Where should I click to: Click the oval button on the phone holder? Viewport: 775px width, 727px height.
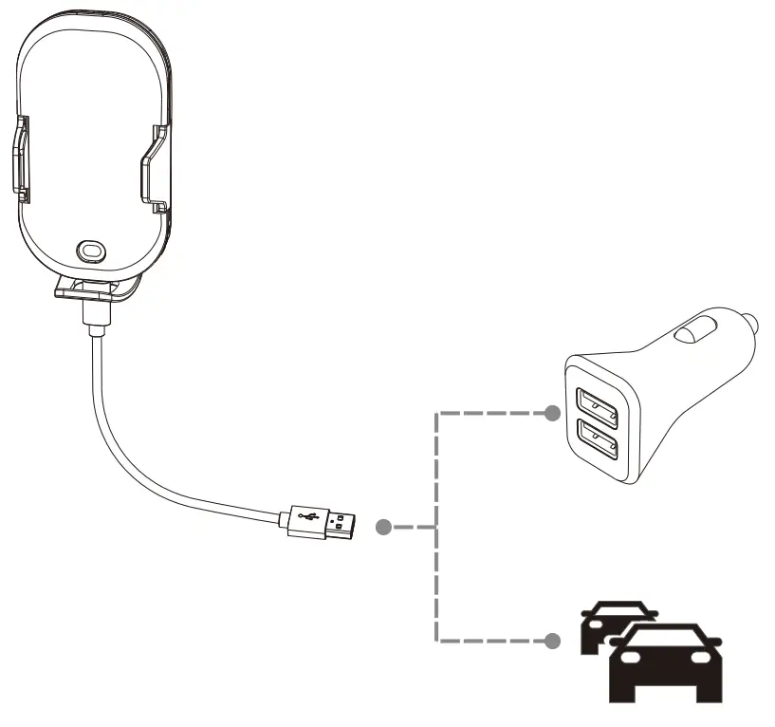(x=91, y=249)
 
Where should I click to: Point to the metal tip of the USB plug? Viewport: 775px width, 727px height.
(x=341, y=523)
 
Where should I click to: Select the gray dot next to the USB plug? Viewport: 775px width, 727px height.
(x=383, y=527)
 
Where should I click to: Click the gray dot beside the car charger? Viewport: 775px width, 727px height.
(x=551, y=414)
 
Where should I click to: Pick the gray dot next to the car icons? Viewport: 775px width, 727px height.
(x=551, y=642)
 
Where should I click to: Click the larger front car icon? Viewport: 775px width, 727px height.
(x=664, y=664)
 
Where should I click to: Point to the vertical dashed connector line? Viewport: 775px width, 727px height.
(x=435, y=569)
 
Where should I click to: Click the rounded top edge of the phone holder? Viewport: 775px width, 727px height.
(x=91, y=13)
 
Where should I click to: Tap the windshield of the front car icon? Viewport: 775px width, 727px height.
(x=664, y=639)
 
